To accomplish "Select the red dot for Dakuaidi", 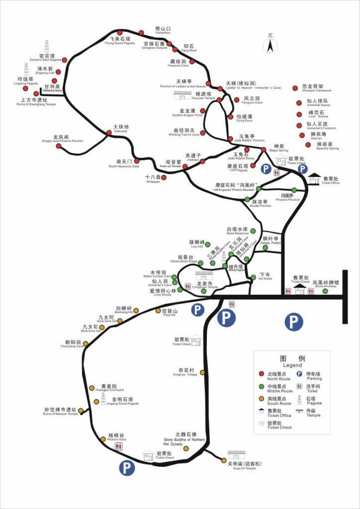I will (109, 132).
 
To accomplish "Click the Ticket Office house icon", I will (314, 178).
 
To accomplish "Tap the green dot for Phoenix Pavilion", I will (294, 189).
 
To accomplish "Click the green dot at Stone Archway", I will (325, 291).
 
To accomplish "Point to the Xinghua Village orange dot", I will (202, 372).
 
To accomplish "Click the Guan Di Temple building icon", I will (237, 455).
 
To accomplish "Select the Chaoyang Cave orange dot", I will (86, 343).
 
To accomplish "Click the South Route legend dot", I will (261, 398).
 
